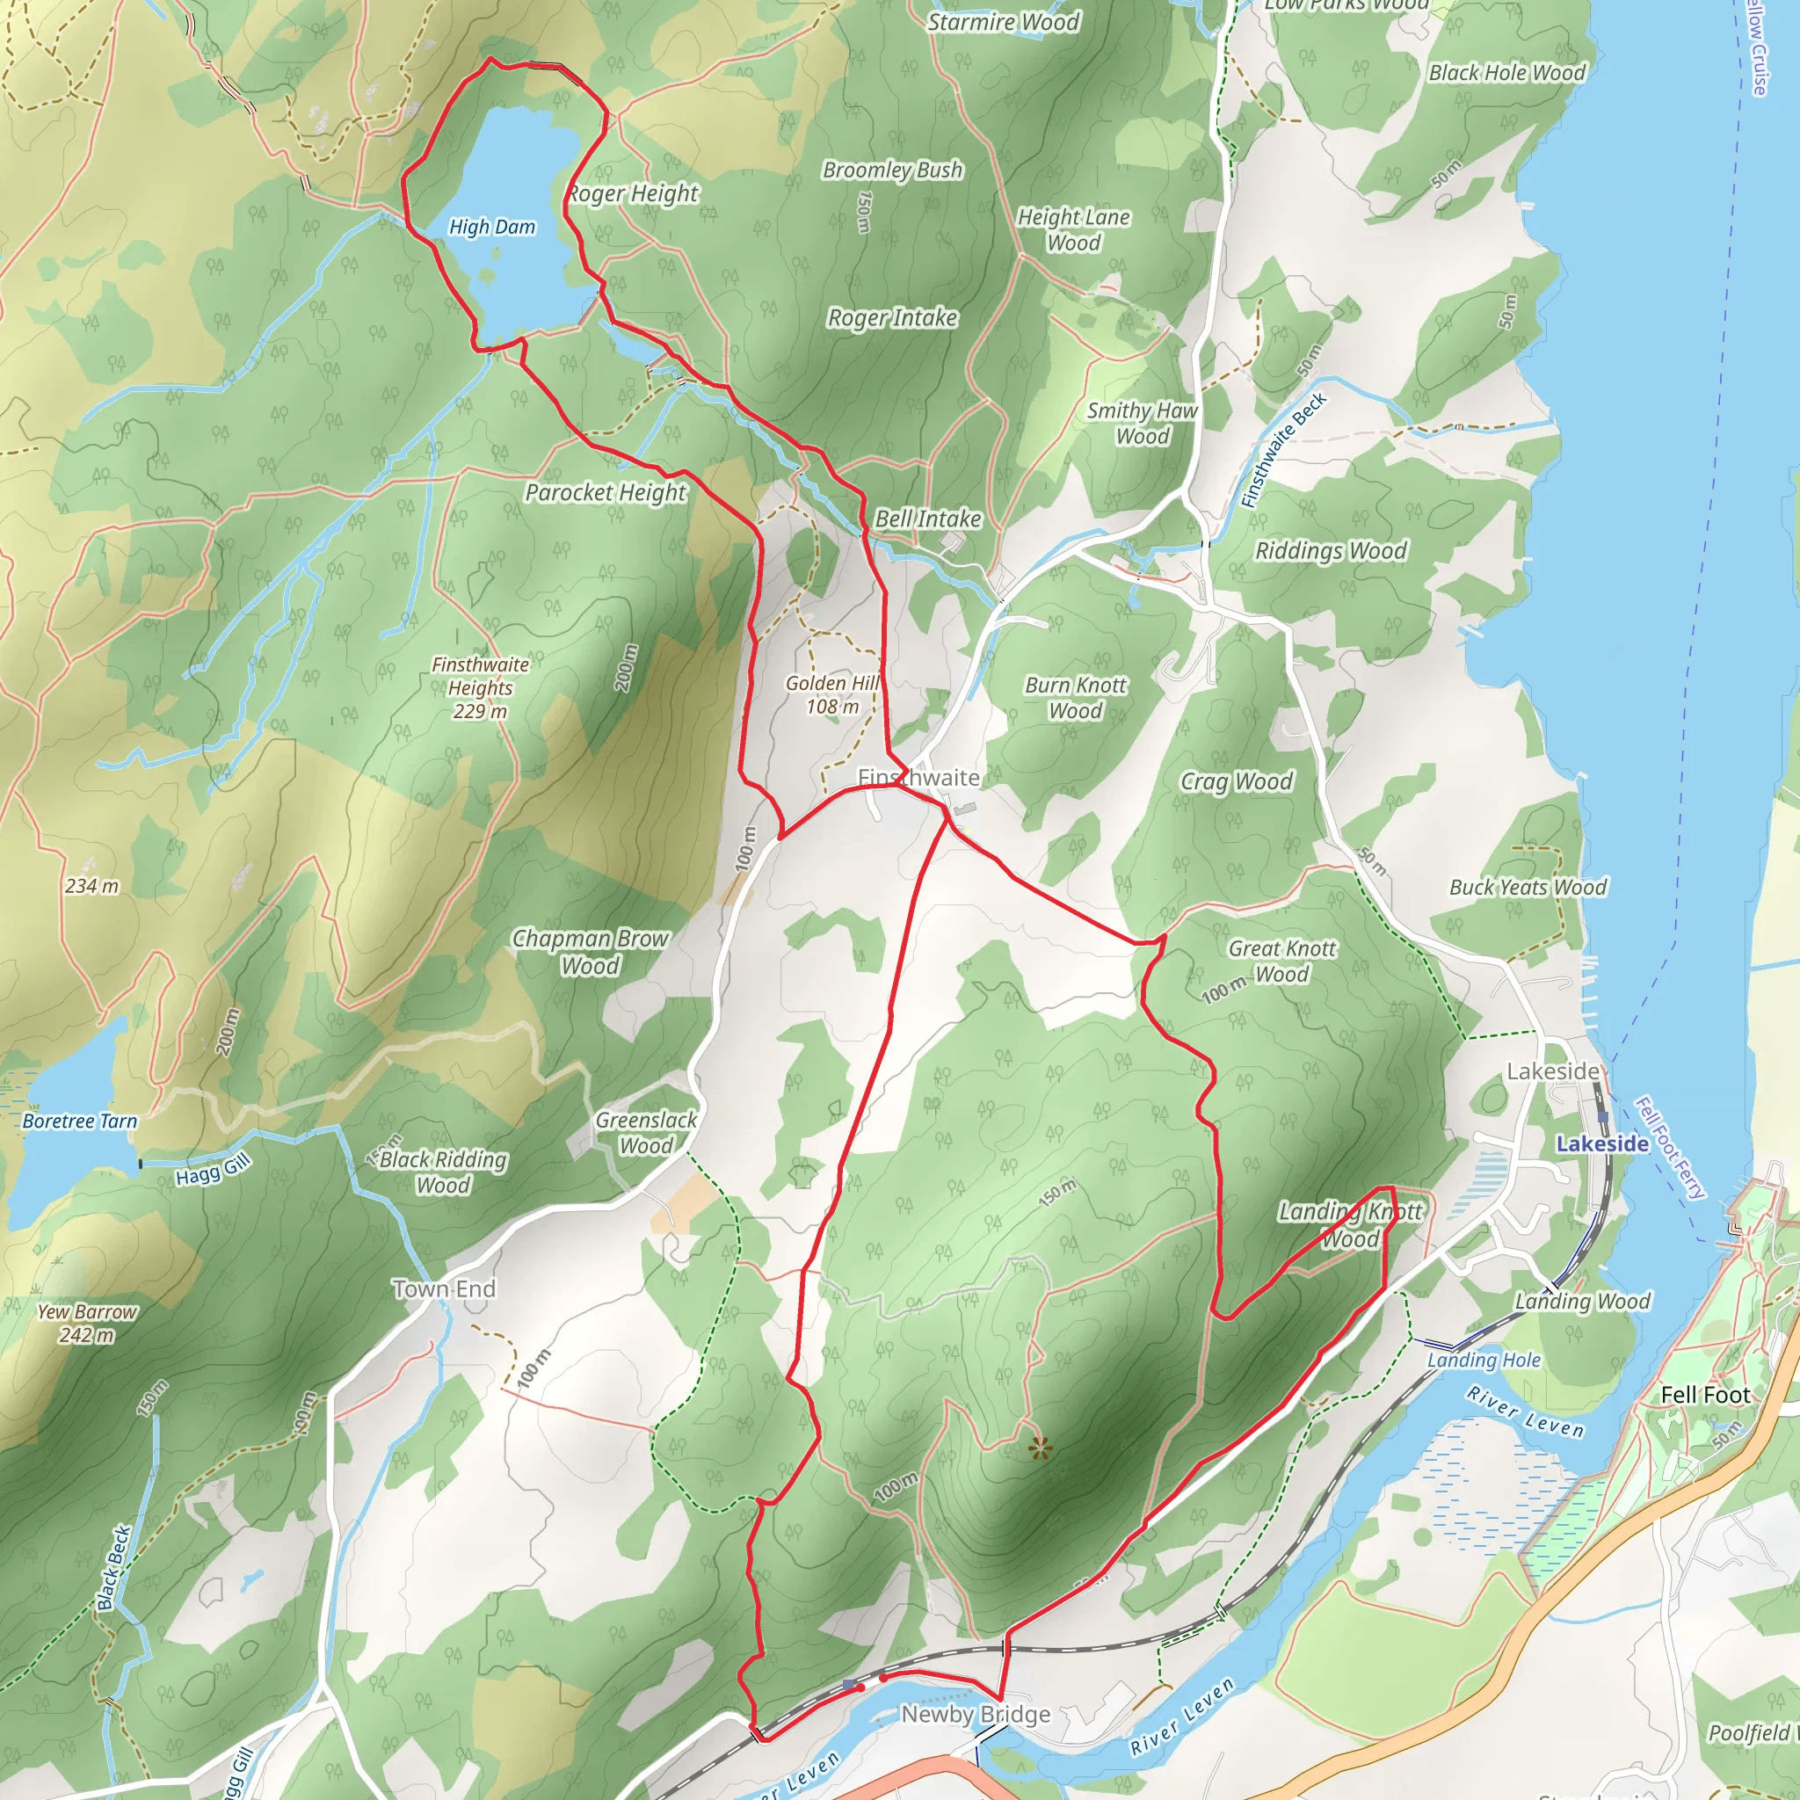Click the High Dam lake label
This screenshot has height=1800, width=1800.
coord(492,227)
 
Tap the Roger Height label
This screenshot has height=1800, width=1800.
coord(634,192)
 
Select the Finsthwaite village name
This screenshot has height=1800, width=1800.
coord(918,777)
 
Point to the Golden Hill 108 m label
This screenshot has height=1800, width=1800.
coord(832,694)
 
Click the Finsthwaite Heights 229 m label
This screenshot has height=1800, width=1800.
coord(480,687)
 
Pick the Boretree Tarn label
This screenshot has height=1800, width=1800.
coord(79,1121)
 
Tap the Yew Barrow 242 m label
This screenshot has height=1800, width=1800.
coord(87,1323)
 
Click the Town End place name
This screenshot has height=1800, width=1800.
coord(445,1288)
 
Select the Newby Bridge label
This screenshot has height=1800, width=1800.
coord(976,1714)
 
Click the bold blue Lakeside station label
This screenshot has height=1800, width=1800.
coord(1602,1143)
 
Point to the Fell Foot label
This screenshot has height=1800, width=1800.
coord(1705,1395)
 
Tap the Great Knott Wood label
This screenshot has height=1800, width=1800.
coord(1282,961)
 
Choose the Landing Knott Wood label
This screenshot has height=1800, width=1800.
coord(1350,1224)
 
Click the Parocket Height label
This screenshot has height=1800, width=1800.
coord(606,492)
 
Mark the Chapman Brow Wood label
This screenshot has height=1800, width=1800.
coord(590,951)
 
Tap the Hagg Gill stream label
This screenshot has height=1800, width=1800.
coord(214,1169)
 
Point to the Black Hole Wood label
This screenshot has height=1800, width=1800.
coord(1506,73)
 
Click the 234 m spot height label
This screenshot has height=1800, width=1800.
coord(91,886)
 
